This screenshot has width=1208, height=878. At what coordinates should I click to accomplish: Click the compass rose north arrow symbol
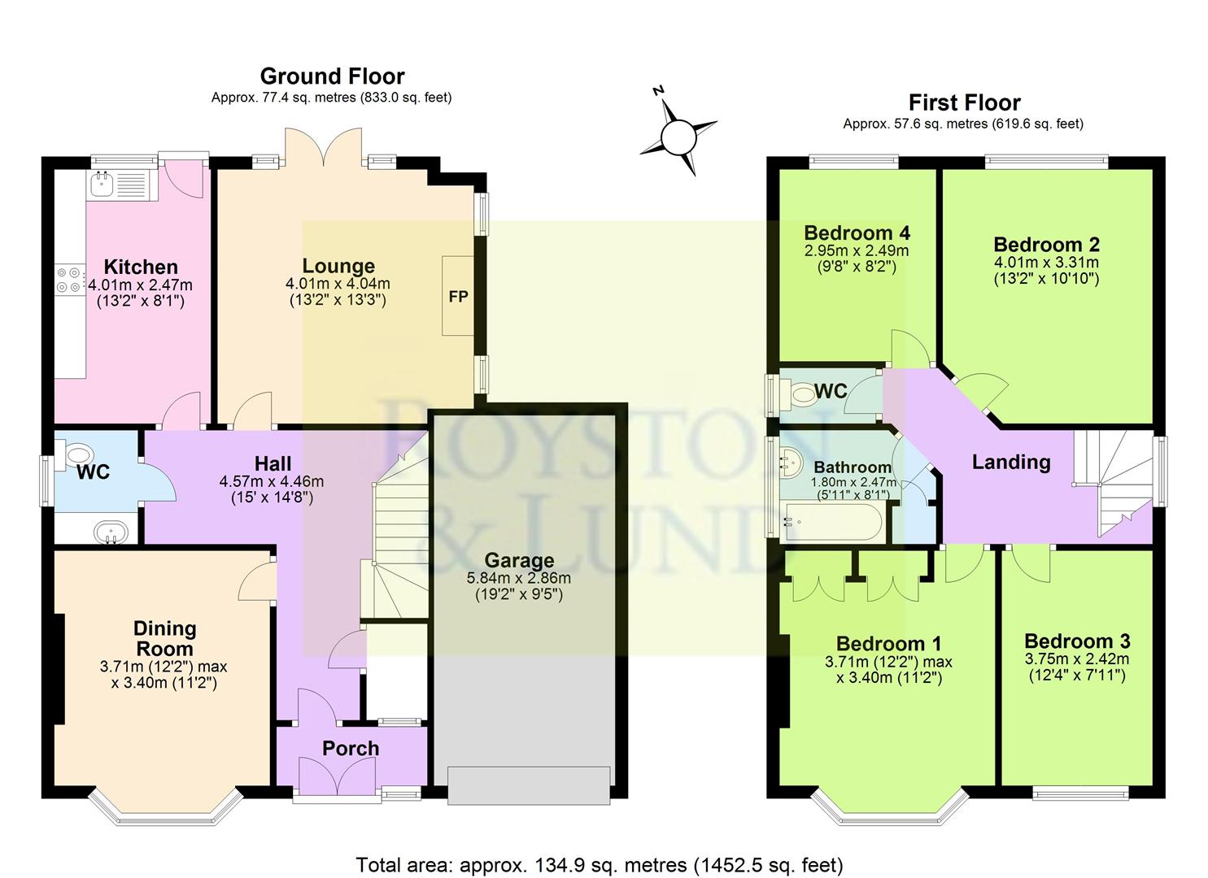pyautogui.click(x=678, y=136)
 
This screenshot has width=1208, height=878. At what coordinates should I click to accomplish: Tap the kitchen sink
pyautogui.click(x=103, y=185)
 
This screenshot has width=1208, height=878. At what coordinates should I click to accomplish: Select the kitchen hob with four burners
pyautogui.click(x=68, y=279)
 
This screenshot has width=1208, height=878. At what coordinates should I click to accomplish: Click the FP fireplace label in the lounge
pyautogui.click(x=458, y=296)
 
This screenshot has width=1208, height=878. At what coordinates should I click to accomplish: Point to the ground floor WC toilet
pyautogui.click(x=79, y=454)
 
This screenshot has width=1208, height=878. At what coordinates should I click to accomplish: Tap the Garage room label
pyautogui.click(x=519, y=560)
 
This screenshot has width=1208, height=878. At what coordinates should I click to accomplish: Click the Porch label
pyautogui.click(x=351, y=748)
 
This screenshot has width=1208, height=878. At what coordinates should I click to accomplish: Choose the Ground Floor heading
pyautogui.click(x=332, y=76)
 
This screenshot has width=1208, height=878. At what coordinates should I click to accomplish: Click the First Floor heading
pyautogui.click(x=964, y=103)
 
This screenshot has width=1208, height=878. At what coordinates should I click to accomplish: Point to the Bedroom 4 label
pyautogui.click(x=857, y=233)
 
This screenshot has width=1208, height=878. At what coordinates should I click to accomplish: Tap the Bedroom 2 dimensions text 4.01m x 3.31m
pyautogui.click(x=1045, y=263)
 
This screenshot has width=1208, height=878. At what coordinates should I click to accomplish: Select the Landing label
pyautogui.click(x=1011, y=462)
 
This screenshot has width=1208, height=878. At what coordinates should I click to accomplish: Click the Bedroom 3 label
pyautogui.click(x=1076, y=641)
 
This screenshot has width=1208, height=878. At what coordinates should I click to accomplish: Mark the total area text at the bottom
pyautogui.click(x=600, y=864)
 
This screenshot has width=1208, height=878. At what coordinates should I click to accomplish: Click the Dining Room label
pyautogui.click(x=164, y=638)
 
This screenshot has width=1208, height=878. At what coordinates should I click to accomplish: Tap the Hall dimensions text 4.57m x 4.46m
pyautogui.click(x=273, y=481)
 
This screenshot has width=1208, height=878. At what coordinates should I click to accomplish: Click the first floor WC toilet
pyautogui.click(x=804, y=395)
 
